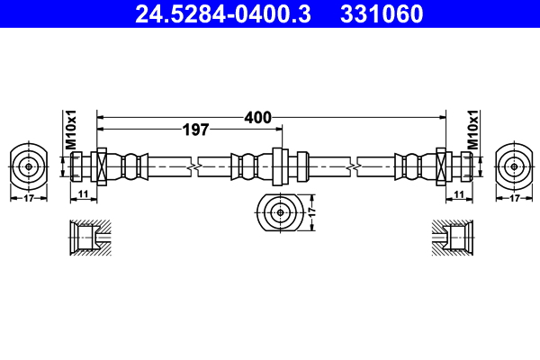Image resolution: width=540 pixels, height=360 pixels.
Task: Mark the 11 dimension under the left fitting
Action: [x=82, y=194]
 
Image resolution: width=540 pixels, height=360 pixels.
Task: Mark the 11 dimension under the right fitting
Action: [x=458, y=194]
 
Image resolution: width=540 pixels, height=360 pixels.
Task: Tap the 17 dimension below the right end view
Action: [x=513, y=199]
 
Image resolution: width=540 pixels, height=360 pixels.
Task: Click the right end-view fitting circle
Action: [x=513, y=166]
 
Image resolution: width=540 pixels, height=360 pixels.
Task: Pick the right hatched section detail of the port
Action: [x=453, y=238]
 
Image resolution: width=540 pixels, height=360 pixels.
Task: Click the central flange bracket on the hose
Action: [x=278, y=166]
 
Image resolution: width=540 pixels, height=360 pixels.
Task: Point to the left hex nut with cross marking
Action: [x=101, y=166]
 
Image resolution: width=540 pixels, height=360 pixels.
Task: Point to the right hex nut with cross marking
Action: [x=442, y=166]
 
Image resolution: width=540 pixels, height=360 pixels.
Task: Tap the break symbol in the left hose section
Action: [x=192, y=166]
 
